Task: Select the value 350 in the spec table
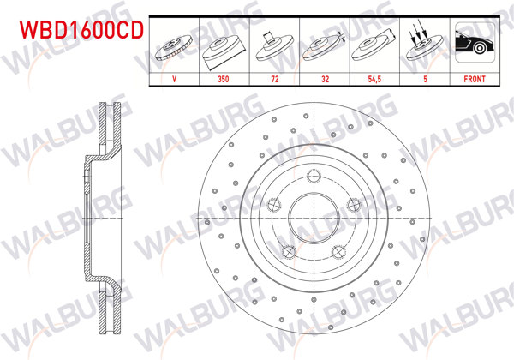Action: (x=224, y=77)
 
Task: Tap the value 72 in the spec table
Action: (x=273, y=77)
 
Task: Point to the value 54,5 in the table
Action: (x=374, y=77)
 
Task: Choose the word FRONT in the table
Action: (x=475, y=77)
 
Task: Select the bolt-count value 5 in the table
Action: (x=425, y=77)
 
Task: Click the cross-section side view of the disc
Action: (x=101, y=218)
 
